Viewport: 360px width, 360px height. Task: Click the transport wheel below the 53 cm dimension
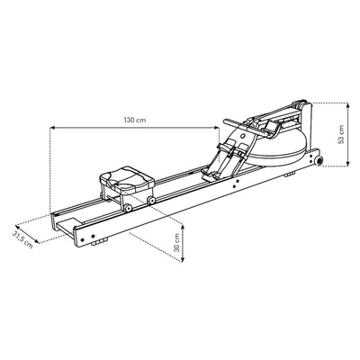[x=316, y=163]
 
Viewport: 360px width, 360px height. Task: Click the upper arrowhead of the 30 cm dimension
[x=184, y=224]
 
